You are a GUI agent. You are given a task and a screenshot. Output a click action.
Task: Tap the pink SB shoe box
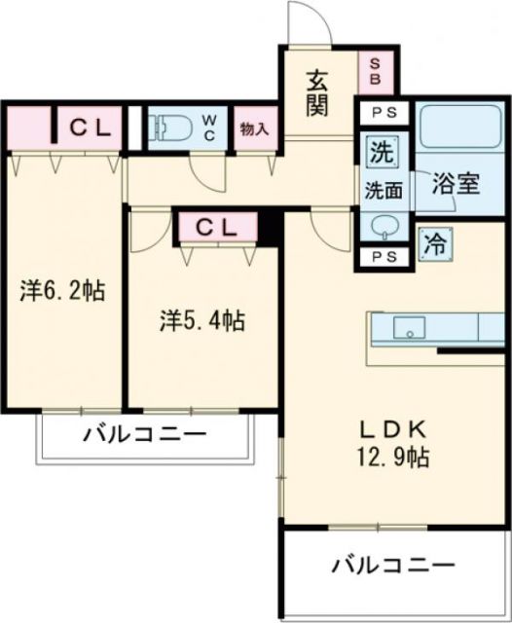click(376, 70)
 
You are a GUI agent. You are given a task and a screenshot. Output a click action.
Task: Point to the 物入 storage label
click(255, 128)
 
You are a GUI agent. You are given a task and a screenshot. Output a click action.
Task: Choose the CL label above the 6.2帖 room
click(92, 126)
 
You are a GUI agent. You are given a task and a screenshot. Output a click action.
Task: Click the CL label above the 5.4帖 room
click(216, 228)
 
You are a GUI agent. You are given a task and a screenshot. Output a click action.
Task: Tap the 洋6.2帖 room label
click(64, 290)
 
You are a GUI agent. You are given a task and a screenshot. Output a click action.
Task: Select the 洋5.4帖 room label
click(202, 321)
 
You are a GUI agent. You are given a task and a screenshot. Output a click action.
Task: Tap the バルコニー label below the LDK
click(391, 565)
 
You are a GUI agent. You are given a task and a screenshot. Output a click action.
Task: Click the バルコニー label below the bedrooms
click(144, 434)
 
